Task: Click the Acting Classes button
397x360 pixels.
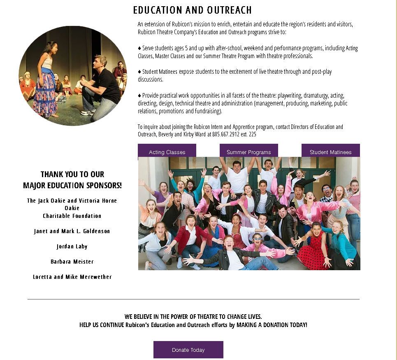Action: [167, 152]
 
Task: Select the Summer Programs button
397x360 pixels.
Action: [248, 152]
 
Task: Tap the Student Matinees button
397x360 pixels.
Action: [330, 152]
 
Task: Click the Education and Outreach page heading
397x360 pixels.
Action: [192, 10]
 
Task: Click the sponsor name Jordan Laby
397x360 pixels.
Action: [72, 246]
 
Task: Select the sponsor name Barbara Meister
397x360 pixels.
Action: [72, 262]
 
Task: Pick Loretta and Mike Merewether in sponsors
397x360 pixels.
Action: [72, 277]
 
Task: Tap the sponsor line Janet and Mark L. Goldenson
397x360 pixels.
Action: [72, 231]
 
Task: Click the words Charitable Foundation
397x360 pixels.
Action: [72, 216]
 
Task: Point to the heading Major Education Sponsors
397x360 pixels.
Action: [72, 185]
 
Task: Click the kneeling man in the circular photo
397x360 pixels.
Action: [99, 84]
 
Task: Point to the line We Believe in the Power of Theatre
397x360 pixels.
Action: [193, 317]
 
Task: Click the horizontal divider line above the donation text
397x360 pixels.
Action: [193, 299]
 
